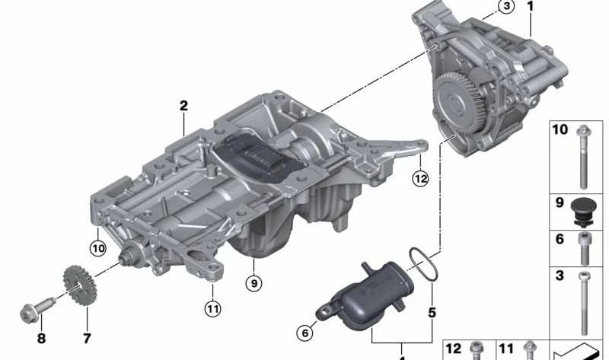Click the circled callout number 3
pyautogui.click(x=506, y=7)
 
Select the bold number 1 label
pyautogui.click(x=530, y=6)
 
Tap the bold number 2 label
pyautogui.click(x=183, y=106)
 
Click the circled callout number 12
pyautogui.click(x=421, y=179)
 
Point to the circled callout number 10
pyautogui.click(x=98, y=248)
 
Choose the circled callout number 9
pyautogui.click(x=254, y=283)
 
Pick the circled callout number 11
pyautogui.click(x=212, y=309)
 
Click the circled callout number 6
pyautogui.click(x=305, y=333)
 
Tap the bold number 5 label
pyautogui.click(x=432, y=313)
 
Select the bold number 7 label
pyautogui.click(x=87, y=338)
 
